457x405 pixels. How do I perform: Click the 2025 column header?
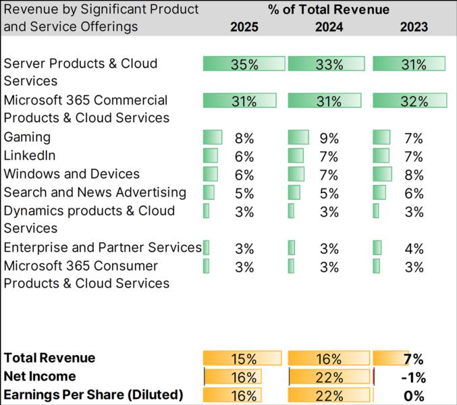click(244, 27)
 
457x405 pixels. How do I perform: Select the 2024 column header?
click(329, 27)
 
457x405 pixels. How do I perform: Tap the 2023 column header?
click(413, 27)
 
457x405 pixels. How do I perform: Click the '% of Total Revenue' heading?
click(329, 9)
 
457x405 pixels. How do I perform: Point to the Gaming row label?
click(27, 137)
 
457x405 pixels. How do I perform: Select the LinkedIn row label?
click(30, 155)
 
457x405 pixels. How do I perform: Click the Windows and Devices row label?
click(72, 174)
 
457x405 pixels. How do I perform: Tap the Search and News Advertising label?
click(95, 192)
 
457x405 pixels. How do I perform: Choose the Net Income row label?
click(40, 376)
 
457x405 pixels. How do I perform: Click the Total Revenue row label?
click(49, 358)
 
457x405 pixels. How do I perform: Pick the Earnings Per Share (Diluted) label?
click(93, 394)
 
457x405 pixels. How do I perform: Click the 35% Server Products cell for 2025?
click(244, 65)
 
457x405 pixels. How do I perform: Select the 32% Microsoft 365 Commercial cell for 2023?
click(413, 101)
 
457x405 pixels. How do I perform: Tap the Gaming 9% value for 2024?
click(329, 138)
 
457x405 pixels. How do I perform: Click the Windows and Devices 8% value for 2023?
click(413, 175)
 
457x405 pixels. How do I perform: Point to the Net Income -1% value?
click(413, 377)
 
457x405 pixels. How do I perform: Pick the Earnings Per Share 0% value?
click(414, 396)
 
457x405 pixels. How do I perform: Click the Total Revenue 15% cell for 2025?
click(244, 359)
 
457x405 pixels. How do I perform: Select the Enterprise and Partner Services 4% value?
click(413, 248)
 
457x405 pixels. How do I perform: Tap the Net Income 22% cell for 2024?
click(329, 377)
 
